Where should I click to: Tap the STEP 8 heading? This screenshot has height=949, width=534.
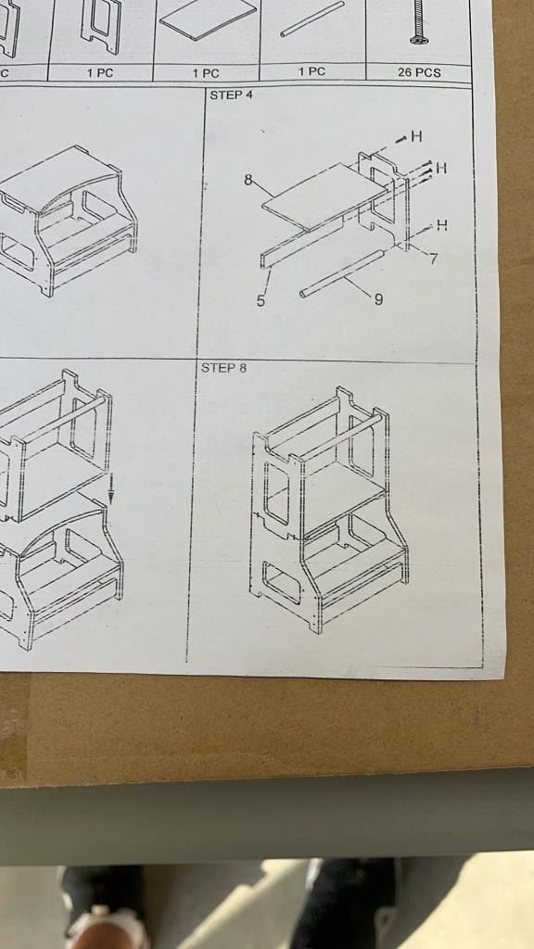224,367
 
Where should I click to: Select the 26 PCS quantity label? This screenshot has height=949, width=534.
419,72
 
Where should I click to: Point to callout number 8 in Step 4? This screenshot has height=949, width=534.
248,180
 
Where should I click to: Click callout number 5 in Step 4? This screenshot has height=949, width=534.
261,301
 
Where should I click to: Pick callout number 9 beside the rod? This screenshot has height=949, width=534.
378,299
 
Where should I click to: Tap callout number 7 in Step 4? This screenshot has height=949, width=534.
434,259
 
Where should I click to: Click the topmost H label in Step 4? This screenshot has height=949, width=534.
416,137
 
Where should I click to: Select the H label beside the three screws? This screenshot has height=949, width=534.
441,168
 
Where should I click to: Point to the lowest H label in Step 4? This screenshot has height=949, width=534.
442,225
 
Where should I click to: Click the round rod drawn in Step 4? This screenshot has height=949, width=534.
342,273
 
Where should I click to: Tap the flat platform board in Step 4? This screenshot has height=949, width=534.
324,197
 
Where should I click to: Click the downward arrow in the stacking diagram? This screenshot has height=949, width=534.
111,489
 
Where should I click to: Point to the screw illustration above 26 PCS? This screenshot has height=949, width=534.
418,21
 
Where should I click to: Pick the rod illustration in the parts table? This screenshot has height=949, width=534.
311,19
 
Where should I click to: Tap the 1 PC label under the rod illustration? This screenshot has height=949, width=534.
311,71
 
